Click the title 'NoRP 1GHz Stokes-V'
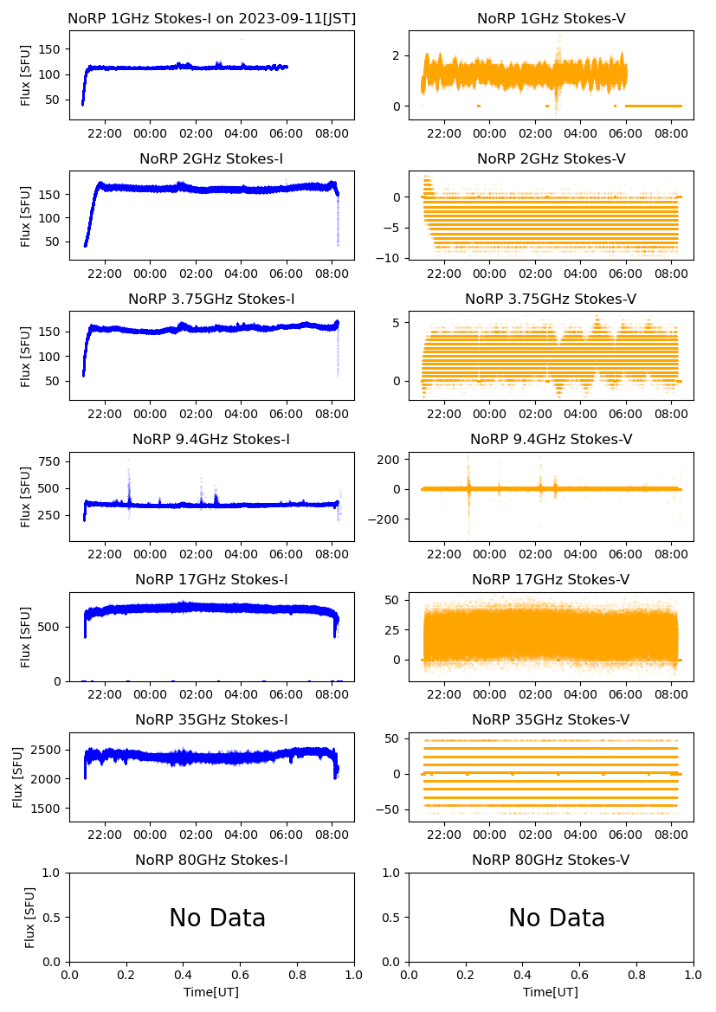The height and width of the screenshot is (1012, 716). click(551, 18)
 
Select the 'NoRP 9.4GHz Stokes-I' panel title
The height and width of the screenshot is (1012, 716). click(211, 439)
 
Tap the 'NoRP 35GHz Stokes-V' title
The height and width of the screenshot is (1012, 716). click(551, 719)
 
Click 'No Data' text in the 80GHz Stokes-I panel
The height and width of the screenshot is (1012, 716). click(217, 918)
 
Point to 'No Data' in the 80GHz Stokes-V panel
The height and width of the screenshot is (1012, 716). click(557, 918)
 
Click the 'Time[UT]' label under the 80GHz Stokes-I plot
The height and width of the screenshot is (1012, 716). click(211, 991)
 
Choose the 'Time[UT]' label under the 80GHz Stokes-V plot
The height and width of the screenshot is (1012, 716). click(551, 991)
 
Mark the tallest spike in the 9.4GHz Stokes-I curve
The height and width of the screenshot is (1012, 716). click(129, 461)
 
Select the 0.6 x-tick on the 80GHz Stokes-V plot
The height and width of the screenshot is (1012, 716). click(579, 976)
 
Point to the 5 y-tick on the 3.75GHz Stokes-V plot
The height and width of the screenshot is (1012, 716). click(401, 322)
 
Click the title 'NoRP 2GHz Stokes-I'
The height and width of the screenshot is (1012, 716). click(211, 158)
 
